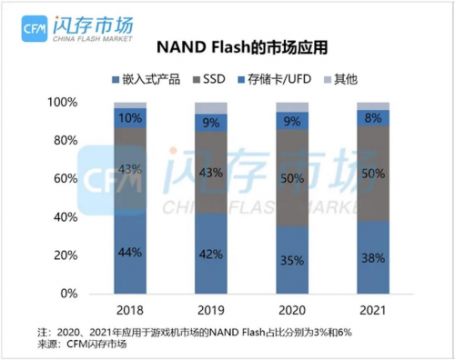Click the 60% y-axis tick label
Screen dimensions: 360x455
click(77, 179)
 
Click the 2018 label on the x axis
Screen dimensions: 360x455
click(129, 311)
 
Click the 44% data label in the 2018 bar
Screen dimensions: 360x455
click(129, 252)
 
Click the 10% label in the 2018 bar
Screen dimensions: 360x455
click(129, 117)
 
